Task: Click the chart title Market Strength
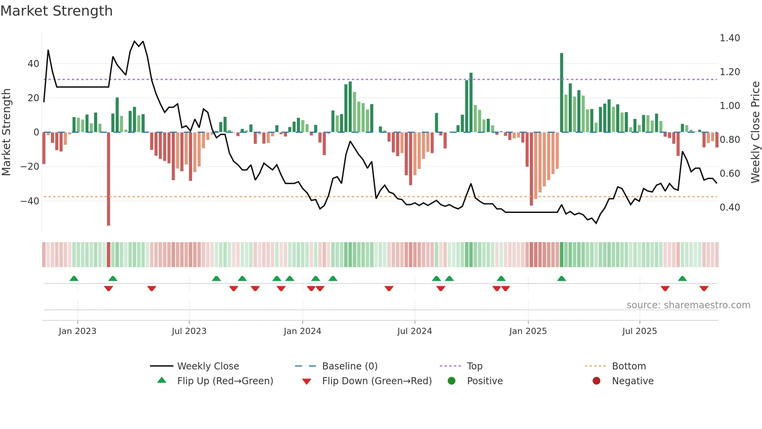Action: click(56, 11)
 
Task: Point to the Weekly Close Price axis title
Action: click(755, 132)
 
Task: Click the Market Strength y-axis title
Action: click(6, 132)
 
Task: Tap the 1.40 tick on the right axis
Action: click(729, 38)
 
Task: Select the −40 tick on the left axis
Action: click(30, 201)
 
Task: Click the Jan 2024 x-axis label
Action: click(302, 331)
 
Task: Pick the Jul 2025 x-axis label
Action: click(639, 331)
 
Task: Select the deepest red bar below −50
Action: click(108, 179)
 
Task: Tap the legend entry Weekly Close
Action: click(208, 366)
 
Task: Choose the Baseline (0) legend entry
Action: click(350, 366)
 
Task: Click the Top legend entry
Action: click(474, 366)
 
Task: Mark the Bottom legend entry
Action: click(629, 366)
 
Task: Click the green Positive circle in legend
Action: click(451, 381)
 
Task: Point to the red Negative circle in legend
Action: click(596, 381)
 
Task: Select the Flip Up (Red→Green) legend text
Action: click(225, 381)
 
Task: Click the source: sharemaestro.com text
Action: click(688, 305)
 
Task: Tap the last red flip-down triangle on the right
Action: click(704, 288)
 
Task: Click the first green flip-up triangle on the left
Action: click(74, 278)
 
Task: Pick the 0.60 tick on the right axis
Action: click(729, 174)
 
